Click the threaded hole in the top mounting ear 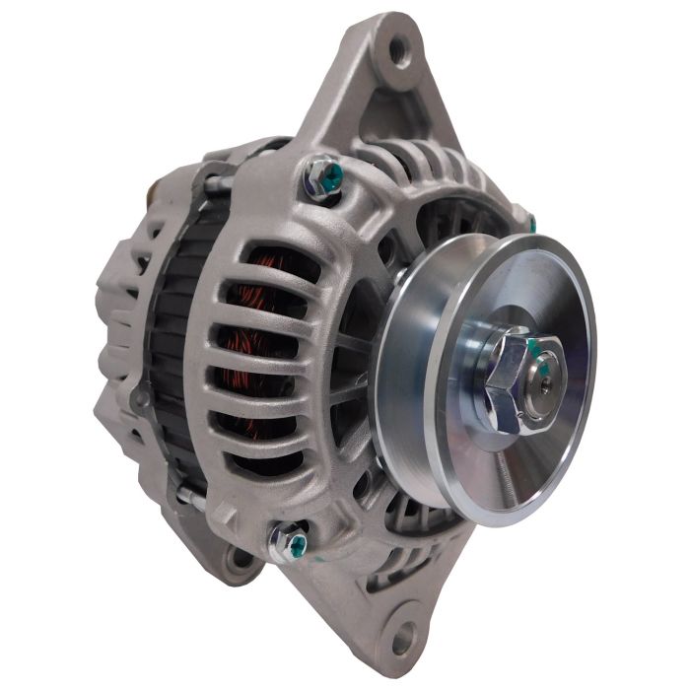click(398, 47)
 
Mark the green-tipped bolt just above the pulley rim click(529, 224)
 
